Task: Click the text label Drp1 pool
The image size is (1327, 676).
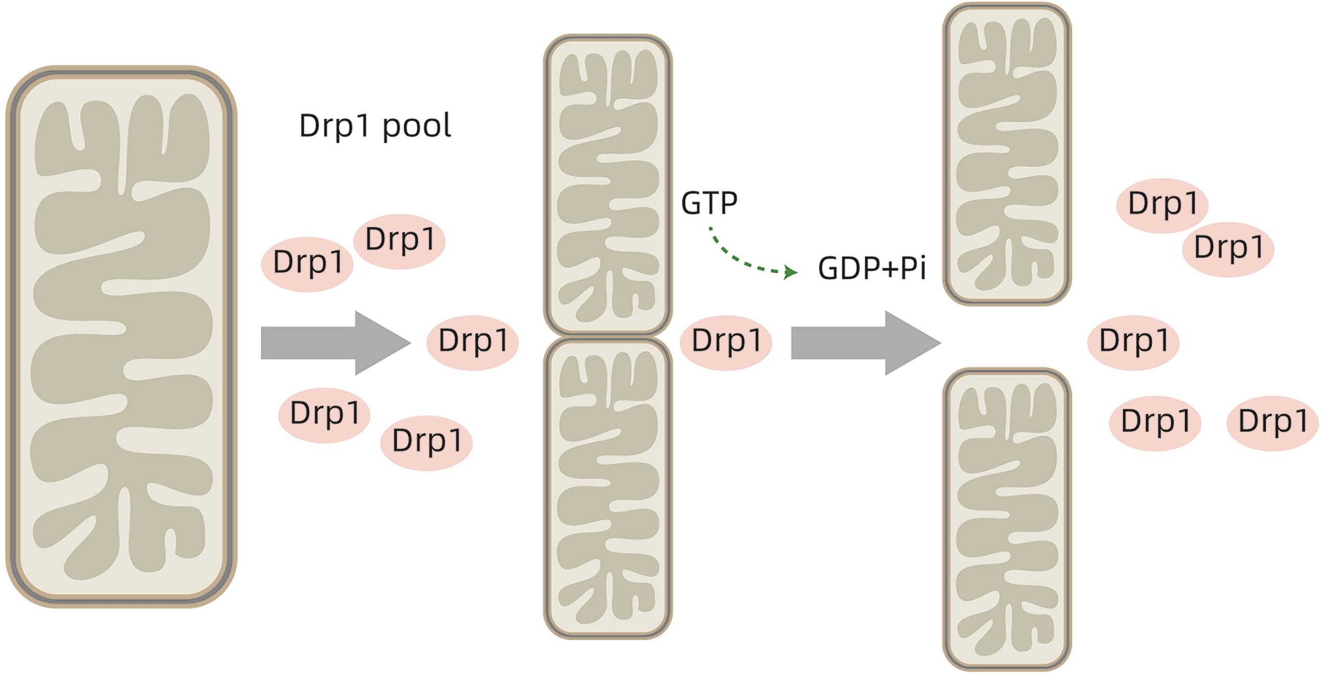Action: [x=375, y=126]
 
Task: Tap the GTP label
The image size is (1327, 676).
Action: [x=709, y=203]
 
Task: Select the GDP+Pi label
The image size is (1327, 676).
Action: [x=872, y=268]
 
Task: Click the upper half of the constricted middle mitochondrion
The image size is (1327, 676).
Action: [x=608, y=185]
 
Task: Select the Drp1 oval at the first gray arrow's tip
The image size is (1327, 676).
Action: [x=472, y=342]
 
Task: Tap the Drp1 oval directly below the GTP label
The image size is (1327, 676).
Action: [x=726, y=342]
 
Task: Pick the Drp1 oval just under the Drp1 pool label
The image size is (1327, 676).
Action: [x=399, y=241]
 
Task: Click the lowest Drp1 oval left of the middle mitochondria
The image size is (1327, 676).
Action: [x=426, y=442]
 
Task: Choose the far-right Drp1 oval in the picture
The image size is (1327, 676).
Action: [x=1272, y=423]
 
